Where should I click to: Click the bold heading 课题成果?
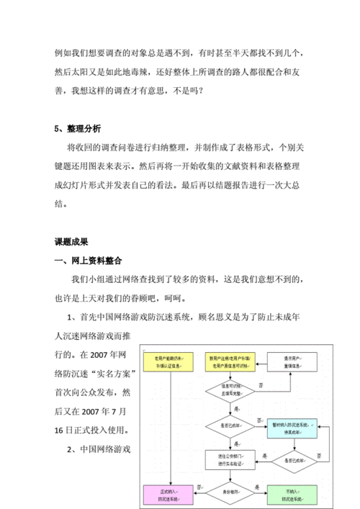point(71,241)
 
